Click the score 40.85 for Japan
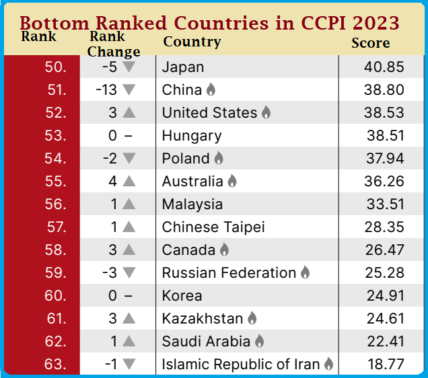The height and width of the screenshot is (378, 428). click(x=384, y=67)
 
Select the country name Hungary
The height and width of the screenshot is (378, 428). click(x=192, y=137)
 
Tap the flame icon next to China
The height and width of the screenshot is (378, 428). click(x=211, y=89)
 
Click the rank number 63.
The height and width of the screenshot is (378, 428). click(x=55, y=365)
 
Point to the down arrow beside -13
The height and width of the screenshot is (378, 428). click(x=129, y=89)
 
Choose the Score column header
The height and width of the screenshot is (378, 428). click(x=370, y=43)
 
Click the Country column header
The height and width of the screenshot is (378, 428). click(x=192, y=42)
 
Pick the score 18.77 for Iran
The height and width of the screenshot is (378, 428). click(x=386, y=365)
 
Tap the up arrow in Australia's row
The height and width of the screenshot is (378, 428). click(x=129, y=181)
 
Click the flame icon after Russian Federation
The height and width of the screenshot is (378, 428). click(x=305, y=272)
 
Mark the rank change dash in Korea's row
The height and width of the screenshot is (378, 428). click(x=129, y=296)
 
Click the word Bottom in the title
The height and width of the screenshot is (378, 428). click(x=55, y=23)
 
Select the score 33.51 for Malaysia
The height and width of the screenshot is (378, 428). click(x=385, y=204)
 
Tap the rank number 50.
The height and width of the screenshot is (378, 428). click(x=55, y=67)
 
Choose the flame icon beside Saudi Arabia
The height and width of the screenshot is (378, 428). click(x=259, y=341)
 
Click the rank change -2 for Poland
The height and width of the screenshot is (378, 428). click(x=110, y=159)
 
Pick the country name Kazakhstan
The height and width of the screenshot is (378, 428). click(x=203, y=319)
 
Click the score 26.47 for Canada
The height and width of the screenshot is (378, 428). click(x=384, y=250)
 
